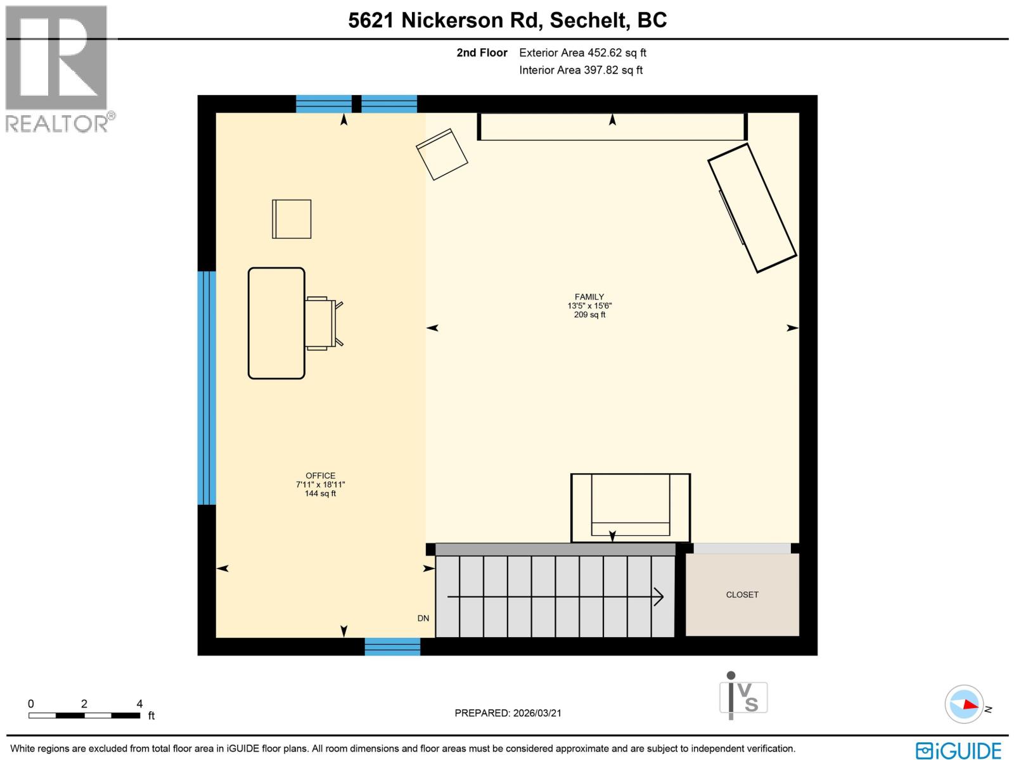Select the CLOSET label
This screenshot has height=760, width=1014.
[x=742, y=595]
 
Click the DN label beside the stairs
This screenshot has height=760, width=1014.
[x=423, y=618]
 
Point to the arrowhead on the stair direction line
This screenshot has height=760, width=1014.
[x=659, y=597]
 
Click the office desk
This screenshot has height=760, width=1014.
[x=276, y=323]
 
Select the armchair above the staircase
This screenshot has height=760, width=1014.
[x=630, y=507]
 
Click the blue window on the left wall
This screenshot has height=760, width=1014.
[x=207, y=388]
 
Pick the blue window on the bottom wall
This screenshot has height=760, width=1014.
[x=392, y=646]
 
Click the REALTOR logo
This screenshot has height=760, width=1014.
[x=58, y=70]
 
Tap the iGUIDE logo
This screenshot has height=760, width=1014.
[x=958, y=750]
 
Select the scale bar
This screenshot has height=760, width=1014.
[x=84, y=715]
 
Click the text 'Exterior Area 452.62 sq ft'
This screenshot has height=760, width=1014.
[x=582, y=53]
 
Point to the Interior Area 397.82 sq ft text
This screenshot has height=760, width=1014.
[x=581, y=70]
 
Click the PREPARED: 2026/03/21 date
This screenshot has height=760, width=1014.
[x=508, y=713]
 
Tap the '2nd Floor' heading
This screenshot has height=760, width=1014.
[x=482, y=53]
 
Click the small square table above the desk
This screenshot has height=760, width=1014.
[x=292, y=219]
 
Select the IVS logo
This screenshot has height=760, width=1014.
[x=743, y=697]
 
